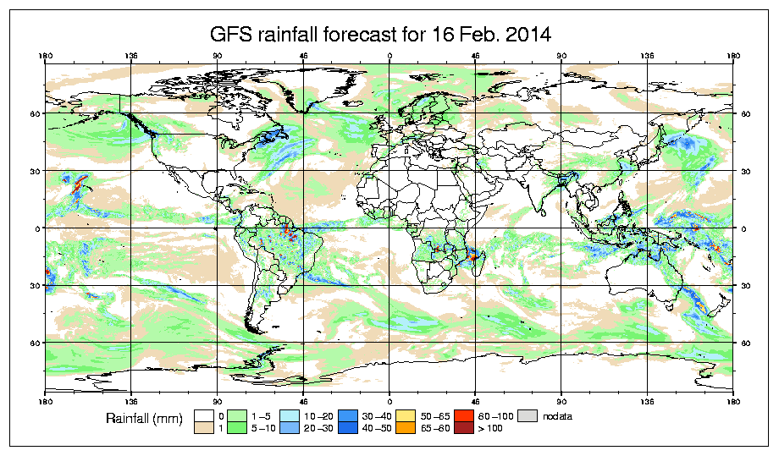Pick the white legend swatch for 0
204,415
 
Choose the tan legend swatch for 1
204,427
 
